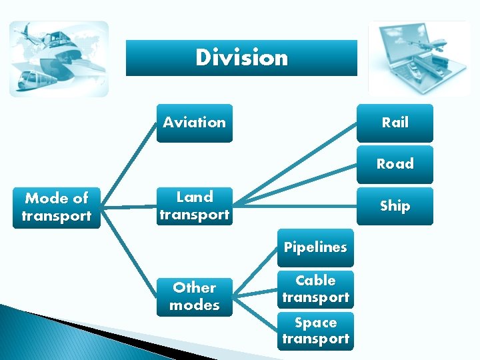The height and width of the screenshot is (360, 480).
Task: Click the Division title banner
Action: tap(241, 58)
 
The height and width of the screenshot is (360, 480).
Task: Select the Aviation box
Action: tap(194, 123)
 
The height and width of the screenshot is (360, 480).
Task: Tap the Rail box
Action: tap(395, 123)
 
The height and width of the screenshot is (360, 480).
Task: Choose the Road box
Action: tap(395, 164)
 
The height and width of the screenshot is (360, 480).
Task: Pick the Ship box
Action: tap(395, 206)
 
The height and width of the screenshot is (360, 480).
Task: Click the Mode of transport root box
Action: tap(57, 207)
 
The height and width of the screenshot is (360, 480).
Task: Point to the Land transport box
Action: tap(195, 206)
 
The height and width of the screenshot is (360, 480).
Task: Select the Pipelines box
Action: tap(315, 247)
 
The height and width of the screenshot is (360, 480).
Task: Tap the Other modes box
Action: tap(195, 297)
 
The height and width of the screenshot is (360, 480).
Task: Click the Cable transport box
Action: tap(315, 289)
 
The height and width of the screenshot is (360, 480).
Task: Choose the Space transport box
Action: tap(315, 331)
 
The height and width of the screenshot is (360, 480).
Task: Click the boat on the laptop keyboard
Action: tap(415, 69)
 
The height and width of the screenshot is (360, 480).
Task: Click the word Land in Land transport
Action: tap(195, 197)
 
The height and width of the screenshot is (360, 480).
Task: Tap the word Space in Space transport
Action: tap(315, 323)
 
